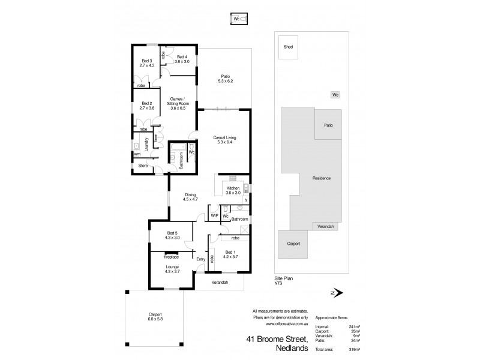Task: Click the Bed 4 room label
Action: (182, 59)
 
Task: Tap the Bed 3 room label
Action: (148, 62)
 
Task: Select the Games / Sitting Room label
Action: (176, 103)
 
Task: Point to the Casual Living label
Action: (223, 140)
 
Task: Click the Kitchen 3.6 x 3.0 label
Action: (233, 190)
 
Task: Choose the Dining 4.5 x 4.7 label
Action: (190, 196)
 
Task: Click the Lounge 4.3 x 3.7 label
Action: (172, 269)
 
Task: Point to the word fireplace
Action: (163, 256)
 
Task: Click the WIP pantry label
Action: (214, 215)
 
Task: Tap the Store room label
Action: (143, 165)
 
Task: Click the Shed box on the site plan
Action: (289, 47)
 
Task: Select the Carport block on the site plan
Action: (293, 244)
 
